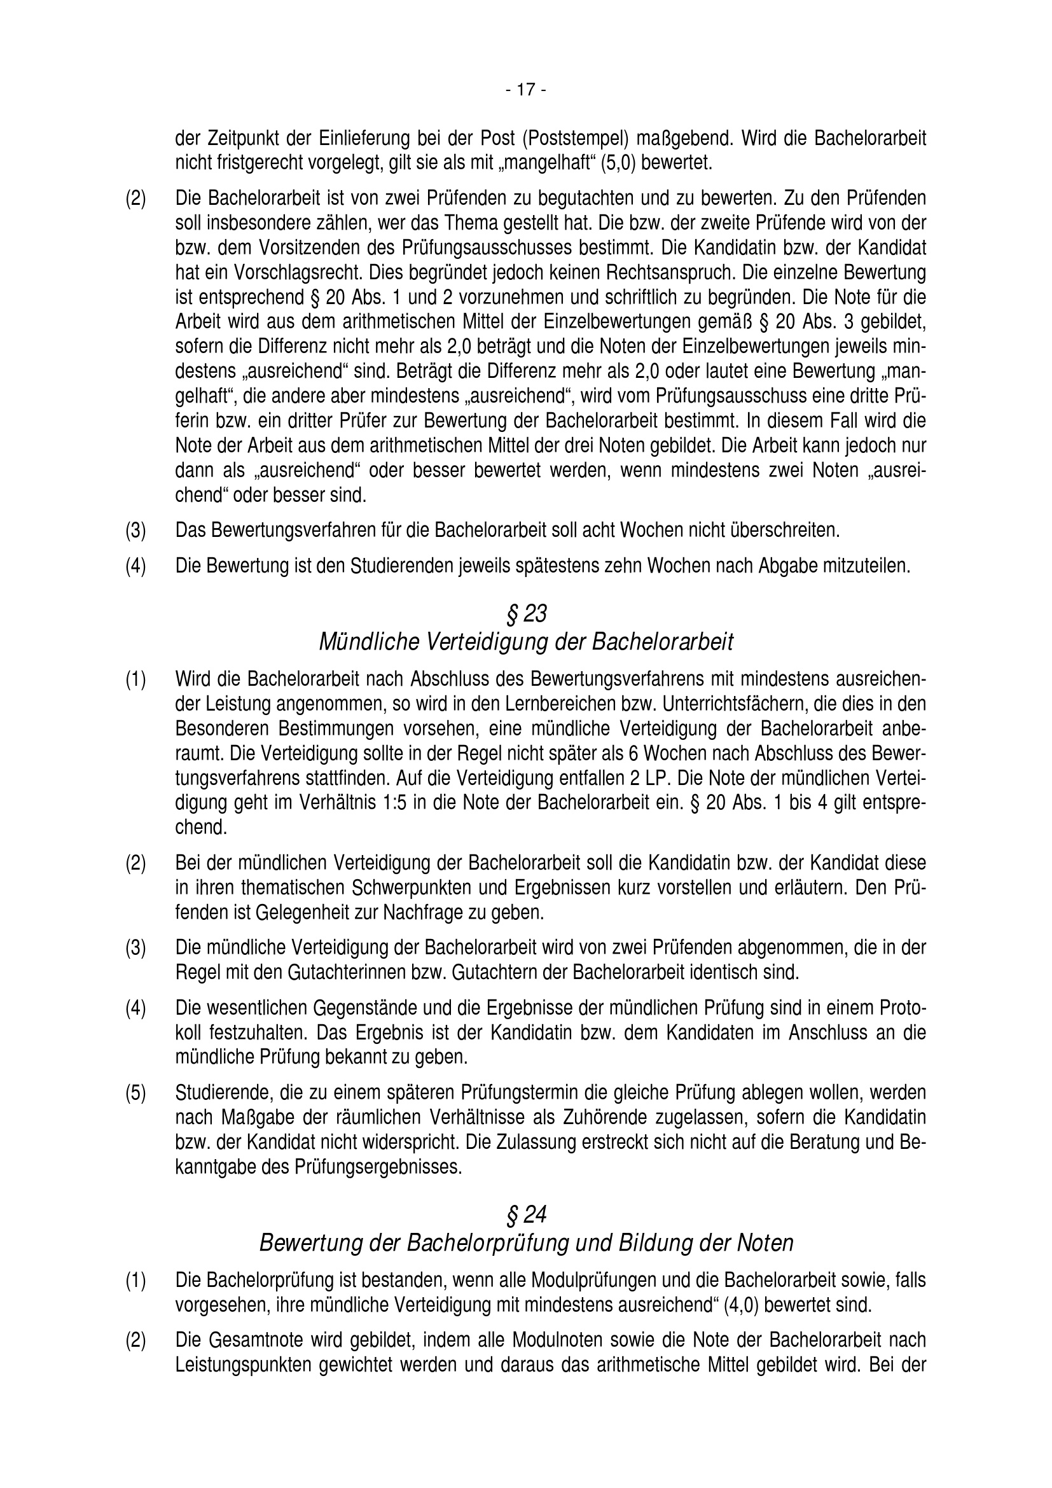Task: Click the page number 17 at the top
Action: [525, 90]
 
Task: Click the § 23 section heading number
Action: [525, 613]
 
